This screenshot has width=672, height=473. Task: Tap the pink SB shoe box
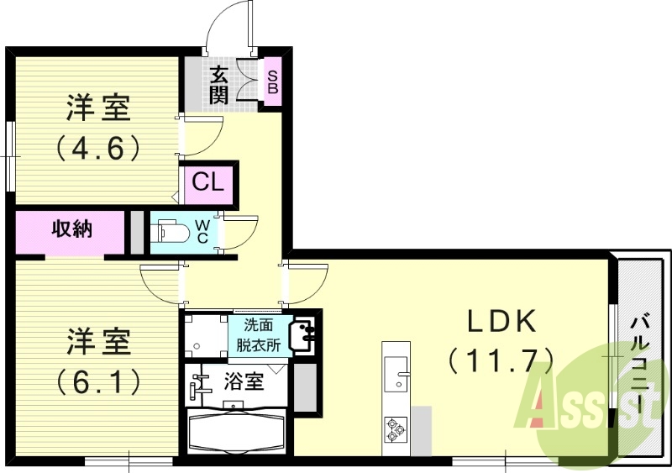(273, 81)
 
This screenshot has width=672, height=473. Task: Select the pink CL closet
(207, 183)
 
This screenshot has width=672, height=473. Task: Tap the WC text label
(204, 231)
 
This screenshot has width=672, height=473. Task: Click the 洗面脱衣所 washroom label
(259, 334)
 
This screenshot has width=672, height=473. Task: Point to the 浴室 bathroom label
(244, 380)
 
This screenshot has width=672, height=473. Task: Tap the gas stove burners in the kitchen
(395, 431)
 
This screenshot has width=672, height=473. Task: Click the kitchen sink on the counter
(396, 372)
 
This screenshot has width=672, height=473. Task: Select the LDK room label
(501, 322)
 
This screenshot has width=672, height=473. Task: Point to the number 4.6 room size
(97, 148)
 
